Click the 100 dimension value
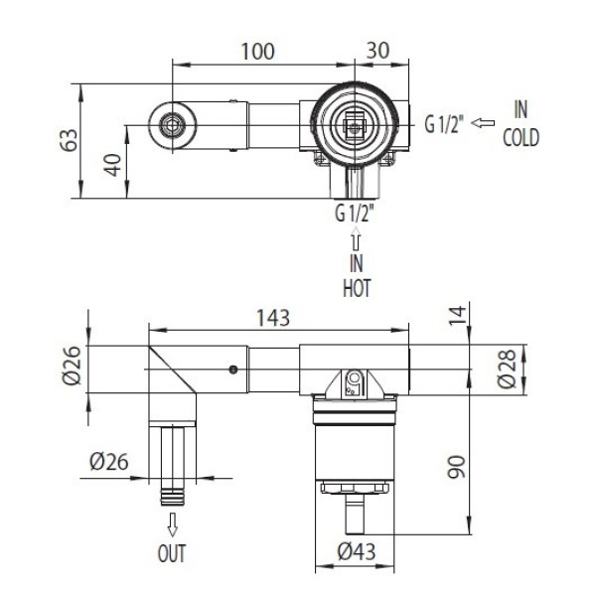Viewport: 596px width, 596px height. (257, 52)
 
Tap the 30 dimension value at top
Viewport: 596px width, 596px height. (377, 51)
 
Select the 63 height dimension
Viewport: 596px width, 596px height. (70, 140)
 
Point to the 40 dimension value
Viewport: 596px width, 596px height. (113, 165)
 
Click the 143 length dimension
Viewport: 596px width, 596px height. (273, 318)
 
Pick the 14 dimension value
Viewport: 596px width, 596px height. (457, 316)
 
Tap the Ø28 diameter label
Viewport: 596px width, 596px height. (507, 369)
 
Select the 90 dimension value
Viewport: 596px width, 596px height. (456, 467)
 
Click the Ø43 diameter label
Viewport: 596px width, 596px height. (357, 551)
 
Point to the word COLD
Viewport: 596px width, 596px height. (521, 138)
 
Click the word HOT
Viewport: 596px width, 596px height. (357, 288)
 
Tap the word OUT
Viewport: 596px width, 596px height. (172, 553)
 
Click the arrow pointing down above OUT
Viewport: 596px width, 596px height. (173, 524)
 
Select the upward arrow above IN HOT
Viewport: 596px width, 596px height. (356, 238)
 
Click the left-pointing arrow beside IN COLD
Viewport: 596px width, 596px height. (483, 123)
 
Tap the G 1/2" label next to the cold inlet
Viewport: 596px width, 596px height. (445, 124)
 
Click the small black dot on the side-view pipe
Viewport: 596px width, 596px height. (233, 370)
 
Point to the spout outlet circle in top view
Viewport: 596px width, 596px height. (172, 125)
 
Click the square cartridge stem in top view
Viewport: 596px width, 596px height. (355, 125)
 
